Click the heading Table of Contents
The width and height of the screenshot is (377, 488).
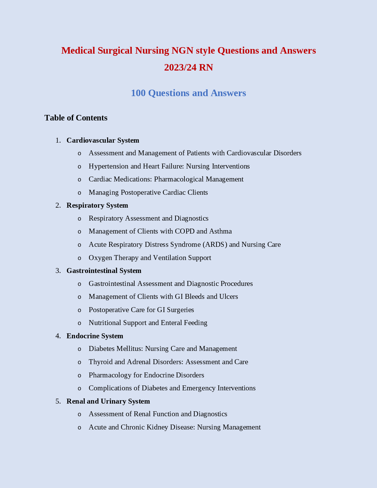point(76,118)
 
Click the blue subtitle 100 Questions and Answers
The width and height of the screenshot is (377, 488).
point(188,93)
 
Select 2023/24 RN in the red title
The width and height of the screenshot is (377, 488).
point(188,67)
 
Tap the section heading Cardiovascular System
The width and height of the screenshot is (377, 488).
point(103,140)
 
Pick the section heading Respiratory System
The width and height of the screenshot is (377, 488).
point(97,205)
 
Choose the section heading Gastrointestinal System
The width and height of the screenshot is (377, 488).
point(104,270)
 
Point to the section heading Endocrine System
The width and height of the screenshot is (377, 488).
point(95,336)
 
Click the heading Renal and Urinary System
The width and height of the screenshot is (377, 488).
point(108,401)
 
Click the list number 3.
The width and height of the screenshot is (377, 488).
point(58,270)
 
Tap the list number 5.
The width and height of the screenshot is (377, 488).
point(58,401)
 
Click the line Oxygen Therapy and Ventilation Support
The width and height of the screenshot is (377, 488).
point(150,258)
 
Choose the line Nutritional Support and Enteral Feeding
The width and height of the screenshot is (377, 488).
point(148,323)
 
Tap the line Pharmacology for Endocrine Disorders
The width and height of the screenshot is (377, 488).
point(146,375)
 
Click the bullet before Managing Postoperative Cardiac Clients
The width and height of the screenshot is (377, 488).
point(79,193)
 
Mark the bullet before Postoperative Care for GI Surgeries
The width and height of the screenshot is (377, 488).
point(79,310)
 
